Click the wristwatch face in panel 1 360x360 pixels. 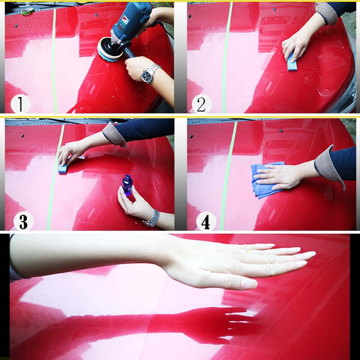tap(147, 76)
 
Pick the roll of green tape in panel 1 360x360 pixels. tap(27, 11)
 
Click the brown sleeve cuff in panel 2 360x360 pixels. tap(326, 13)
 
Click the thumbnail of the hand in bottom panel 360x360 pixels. tap(249, 284)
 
